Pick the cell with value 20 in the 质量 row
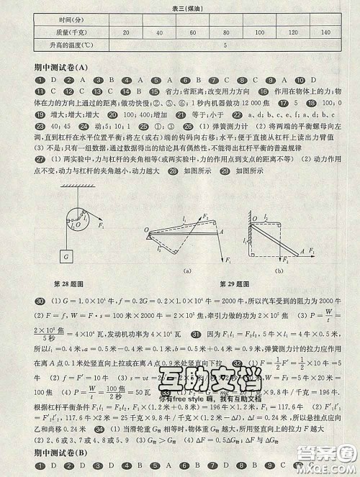point(127,33)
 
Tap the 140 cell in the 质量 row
point(325,33)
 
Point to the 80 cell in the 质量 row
point(226,33)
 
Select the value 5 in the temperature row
point(226,45)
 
